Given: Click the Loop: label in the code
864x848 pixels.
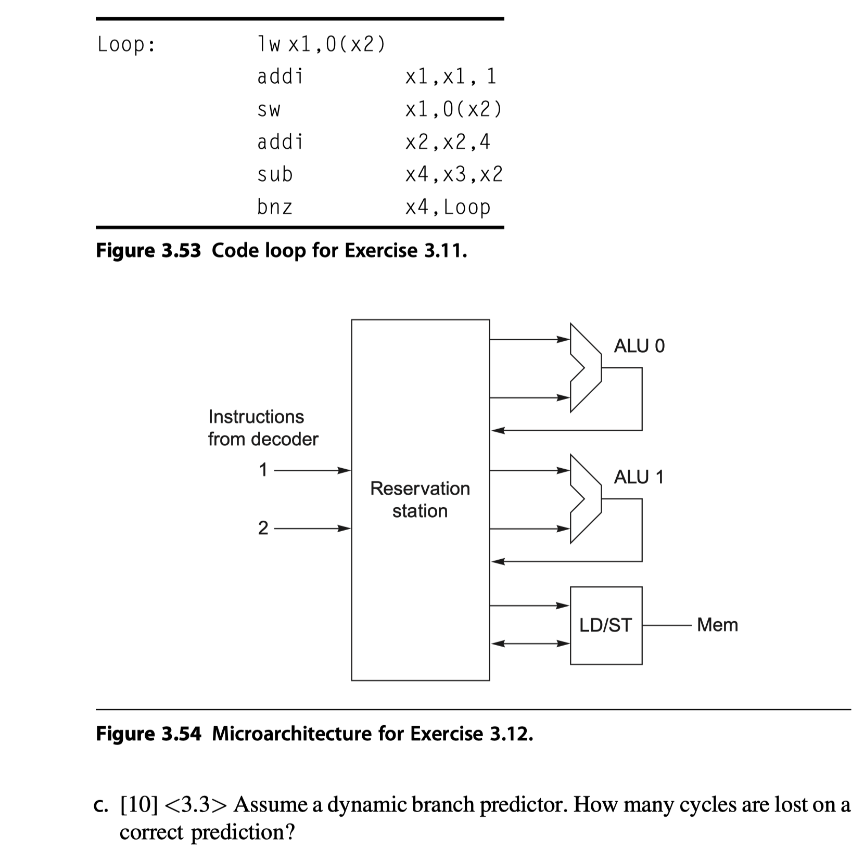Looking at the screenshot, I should [x=126, y=45].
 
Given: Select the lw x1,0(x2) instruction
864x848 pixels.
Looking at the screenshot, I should [x=321, y=45].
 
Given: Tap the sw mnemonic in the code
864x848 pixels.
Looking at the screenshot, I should [x=269, y=109].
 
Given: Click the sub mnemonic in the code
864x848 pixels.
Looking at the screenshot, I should [x=275, y=174].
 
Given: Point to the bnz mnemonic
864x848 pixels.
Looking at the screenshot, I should [x=274, y=207].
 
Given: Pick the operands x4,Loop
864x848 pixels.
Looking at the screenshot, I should [x=448, y=208].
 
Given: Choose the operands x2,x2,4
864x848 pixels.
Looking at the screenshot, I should [x=448, y=142].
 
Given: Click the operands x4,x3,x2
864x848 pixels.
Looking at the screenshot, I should [x=454, y=174].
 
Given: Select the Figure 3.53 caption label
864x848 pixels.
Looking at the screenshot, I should [x=148, y=251].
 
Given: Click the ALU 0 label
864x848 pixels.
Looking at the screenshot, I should [x=639, y=346].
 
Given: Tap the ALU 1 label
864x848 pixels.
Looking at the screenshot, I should [x=639, y=477].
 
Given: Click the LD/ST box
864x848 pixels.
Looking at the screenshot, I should [x=606, y=625].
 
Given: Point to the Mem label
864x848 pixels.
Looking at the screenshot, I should [x=717, y=625].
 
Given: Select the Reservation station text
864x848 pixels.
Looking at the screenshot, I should [x=420, y=499].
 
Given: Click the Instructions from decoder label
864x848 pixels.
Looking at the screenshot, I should [x=263, y=428].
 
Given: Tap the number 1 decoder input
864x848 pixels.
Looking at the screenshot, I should [x=263, y=470].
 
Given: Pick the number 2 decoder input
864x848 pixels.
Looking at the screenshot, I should [x=263, y=529].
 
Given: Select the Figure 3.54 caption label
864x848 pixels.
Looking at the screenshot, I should [x=148, y=734].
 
